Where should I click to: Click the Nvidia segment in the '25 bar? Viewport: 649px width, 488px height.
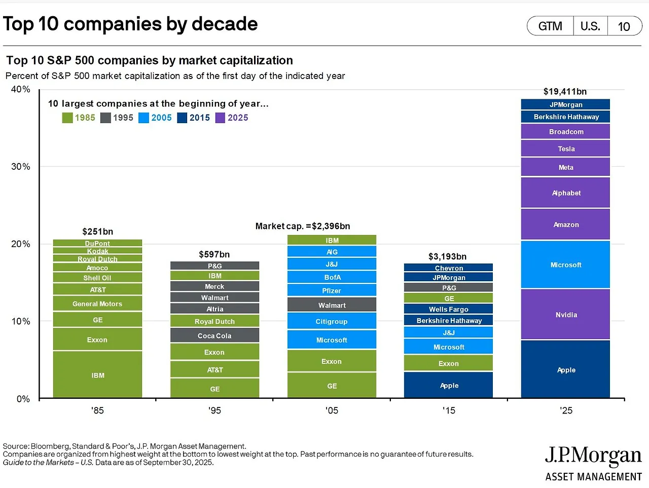click(565, 314)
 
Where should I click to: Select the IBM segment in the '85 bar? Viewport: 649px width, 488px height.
click(97, 374)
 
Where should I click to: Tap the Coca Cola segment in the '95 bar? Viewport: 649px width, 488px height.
click(214, 335)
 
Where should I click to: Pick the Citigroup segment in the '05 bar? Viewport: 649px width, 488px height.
click(332, 321)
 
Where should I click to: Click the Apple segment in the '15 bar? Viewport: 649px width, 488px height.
click(448, 385)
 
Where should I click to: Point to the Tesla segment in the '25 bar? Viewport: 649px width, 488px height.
click(565, 148)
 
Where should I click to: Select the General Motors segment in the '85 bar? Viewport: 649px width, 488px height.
click(97, 304)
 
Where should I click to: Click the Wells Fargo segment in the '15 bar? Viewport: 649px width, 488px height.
click(448, 309)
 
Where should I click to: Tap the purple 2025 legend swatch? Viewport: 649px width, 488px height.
click(220, 118)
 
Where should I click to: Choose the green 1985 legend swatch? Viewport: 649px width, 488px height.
click(67, 118)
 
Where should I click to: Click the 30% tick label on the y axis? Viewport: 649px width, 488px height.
click(21, 167)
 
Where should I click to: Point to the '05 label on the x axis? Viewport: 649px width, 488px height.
click(332, 410)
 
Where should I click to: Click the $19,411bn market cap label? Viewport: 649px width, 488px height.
click(565, 92)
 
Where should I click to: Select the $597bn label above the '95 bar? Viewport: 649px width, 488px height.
click(214, 254)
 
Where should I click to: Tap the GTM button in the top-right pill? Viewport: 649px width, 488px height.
click(550, 26)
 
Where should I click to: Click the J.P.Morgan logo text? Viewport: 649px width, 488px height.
click(593, 456)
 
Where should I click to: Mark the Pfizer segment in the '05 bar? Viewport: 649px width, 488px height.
click(332, 290)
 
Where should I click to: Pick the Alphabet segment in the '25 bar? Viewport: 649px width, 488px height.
click(565, 193)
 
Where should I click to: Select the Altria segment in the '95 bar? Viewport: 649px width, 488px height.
click(214, 309)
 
